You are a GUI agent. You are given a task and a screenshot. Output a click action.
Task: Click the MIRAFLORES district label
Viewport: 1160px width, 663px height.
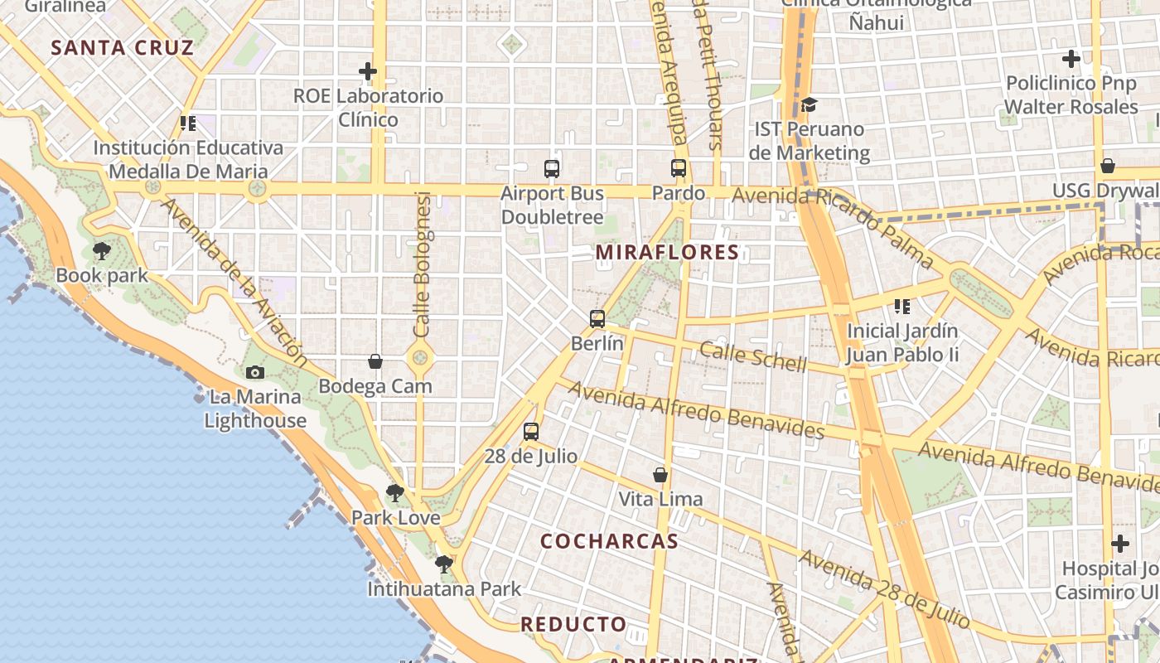pyautogui.click(x=667, y=252)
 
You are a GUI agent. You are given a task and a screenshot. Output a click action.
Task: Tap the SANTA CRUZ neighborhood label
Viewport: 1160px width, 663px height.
pyautogui.click(x=123, y=47)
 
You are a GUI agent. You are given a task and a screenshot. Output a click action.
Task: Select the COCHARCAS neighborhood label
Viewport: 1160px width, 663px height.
pyautogui.click(x=609, y=541)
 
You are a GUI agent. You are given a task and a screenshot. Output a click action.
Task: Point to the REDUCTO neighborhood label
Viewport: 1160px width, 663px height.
pyautogui.click(x=573, y=624)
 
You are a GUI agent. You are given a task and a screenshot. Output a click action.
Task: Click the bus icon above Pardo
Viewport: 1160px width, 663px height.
pyautogui.click(x=679, y=168)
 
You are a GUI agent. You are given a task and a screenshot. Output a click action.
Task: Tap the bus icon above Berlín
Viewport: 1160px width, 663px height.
pyautogui.click(x=597, y=318)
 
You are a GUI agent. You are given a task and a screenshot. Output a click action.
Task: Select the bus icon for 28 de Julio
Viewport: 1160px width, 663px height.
pyautogui.click(x=531, y=432)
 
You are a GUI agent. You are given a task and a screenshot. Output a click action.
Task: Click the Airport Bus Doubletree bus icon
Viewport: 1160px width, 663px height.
pyautogui.click(x=552, y=169)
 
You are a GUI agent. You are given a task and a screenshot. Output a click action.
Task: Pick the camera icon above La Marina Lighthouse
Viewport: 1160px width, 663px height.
pyautogui.click(x=255, y=372)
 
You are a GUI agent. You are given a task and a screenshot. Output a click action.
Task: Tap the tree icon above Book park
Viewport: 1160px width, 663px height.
pyautogui.click(x=102, y=250)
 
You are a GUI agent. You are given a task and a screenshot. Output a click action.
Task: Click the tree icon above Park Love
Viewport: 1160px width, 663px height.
pyautogui.click(x=395, y=493)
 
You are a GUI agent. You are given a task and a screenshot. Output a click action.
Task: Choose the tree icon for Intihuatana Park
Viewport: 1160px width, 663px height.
pyautogui.click(x=444, y=564)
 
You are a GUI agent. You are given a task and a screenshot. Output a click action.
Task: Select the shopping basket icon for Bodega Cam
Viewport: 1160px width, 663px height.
pyautogui.click(x=375, y=361)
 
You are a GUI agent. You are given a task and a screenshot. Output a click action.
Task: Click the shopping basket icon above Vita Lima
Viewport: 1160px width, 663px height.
pyautogui.click(x=660, y=475)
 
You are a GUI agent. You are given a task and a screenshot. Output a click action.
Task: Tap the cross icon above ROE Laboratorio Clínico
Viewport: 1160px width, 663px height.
pyautogui.click(x=368, y=71)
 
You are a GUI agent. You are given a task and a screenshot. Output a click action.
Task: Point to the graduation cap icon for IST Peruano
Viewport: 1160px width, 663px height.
pyautogui.click(x=809, y=104)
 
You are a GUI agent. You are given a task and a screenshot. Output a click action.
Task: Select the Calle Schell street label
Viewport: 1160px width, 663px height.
pyautogui.click(x=752, y=356)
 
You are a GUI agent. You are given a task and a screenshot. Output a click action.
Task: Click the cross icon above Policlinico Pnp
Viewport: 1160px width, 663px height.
pyautogui.click(x=1071, y=59)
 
